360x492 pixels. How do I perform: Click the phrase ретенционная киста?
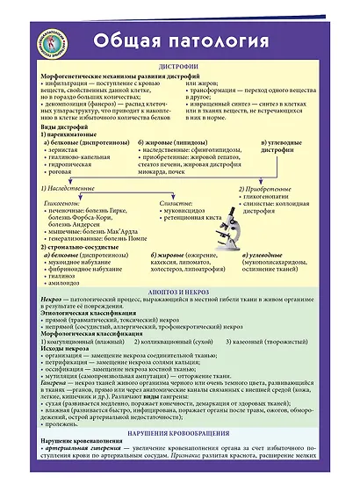tap(185, 219)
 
